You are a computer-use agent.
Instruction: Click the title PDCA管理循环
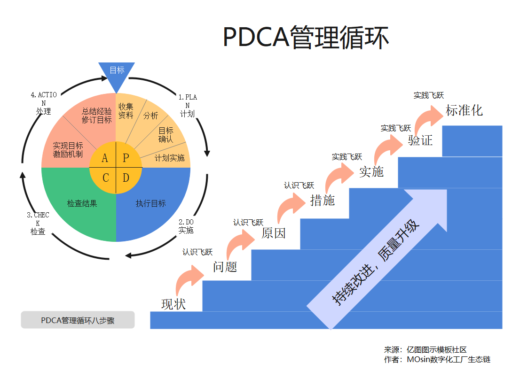pyautogui.click(x=306, y=37)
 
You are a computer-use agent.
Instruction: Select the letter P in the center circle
pyautogui.click(x=126, y=158)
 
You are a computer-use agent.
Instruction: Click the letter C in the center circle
pyautogui.click(x=106, y=178)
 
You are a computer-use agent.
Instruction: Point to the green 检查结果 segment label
pyautogui.click(x=82, y=203)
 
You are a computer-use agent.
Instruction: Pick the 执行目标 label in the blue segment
pyautogui.click(x=150, y=203)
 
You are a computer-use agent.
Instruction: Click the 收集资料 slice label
pyautogui.click(x=126, y=111)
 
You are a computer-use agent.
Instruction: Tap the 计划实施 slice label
pyautogui.click(x=169, y=158)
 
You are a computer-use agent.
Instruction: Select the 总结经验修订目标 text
pyautogui.click(x=97, y=116)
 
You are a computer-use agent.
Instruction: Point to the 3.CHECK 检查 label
pyautogui.click(x=38, y=223)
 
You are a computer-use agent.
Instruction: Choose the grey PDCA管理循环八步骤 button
pyautogui.click(x=78, y=320)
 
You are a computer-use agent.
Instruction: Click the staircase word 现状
pyautogui.click(x=173, y=304)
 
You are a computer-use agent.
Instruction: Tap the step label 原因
pyautogui.click(x=274, y=233)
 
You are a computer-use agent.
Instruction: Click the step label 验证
pyautogui.click(x=420, y=140)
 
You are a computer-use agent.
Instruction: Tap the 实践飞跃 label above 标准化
pyautogui.click(x=428, y=95)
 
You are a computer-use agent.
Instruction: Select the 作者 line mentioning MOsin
pyautogui.click(x=437, y=360)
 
